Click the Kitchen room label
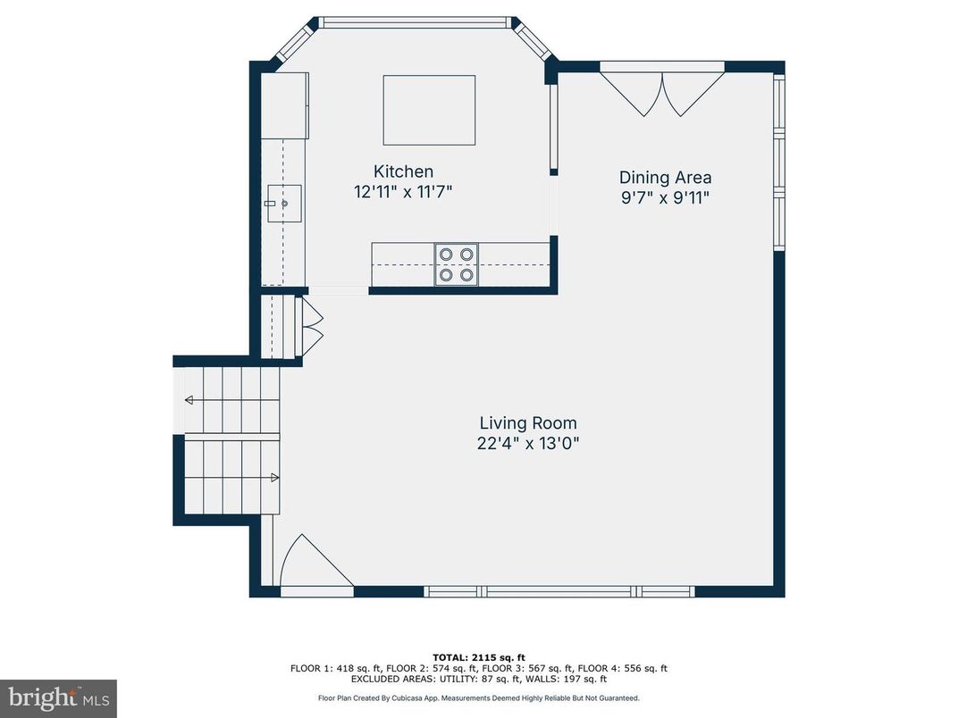pos(403,171)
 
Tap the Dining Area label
pos(666,178)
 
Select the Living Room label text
pos(527,423)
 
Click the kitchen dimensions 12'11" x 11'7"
pos(403,192)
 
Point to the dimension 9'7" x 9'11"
pos(666,198)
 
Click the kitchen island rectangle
pos(429,110)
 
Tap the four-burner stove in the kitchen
pos(456,264)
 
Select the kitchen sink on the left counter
pos(285,204)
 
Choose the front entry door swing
pos(308,563)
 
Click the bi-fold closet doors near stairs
pos(312,326)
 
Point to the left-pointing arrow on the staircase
pos(189,401)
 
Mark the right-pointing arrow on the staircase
pos(273,478)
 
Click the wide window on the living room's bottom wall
pos(559,591)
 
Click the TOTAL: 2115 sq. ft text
pos(478,656)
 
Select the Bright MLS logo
pos(59,698)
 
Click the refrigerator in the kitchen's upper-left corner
pos(284,105)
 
